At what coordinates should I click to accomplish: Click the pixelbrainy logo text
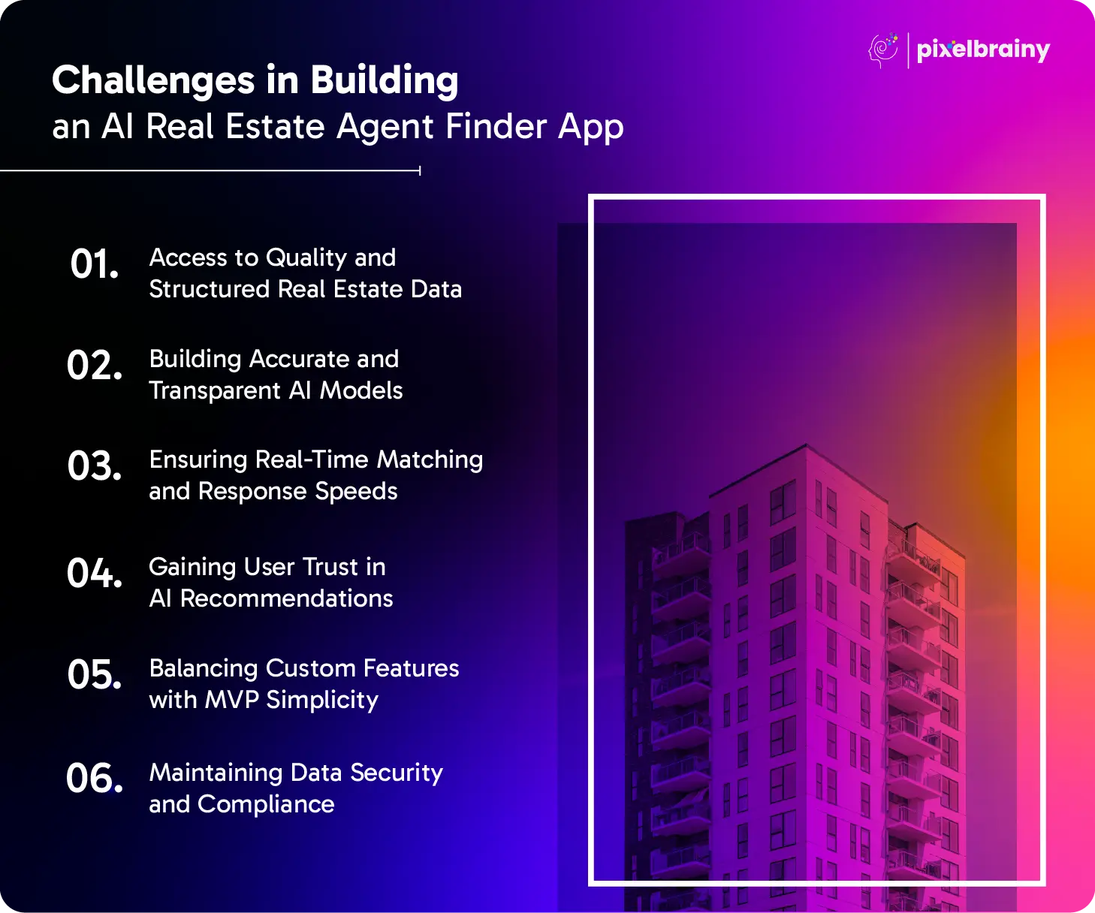point(983,50)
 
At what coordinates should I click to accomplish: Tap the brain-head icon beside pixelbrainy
point(883,50)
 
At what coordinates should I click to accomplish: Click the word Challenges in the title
point(153,81)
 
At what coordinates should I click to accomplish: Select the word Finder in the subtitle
point(496,126)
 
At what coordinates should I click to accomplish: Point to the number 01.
point(95,264)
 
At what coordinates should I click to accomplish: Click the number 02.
point(95,365)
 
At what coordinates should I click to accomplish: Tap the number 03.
point(95,466)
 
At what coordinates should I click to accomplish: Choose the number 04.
point(95,573)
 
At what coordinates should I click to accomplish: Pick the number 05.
point(95,674)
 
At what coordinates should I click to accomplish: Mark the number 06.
point(95,778)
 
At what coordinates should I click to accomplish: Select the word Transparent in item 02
point(215,391)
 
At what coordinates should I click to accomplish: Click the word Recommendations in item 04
point(286,598)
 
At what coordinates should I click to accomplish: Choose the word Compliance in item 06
point(266,805)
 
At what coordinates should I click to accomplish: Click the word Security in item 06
point(397,773)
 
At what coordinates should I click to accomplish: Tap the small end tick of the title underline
point(420,171)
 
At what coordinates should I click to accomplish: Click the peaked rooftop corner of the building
point(807,444)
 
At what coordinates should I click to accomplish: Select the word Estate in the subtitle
point(276,126)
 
